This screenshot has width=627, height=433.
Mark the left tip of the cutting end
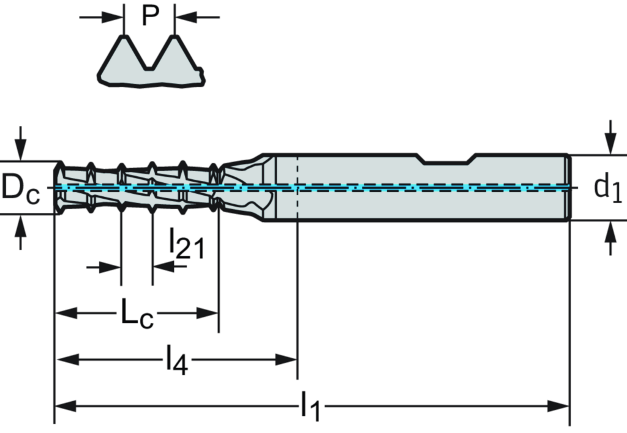[x=56, y=187]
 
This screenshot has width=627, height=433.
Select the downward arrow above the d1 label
[x=610, y=141]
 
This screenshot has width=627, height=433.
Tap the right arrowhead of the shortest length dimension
[x=208, y=313]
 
